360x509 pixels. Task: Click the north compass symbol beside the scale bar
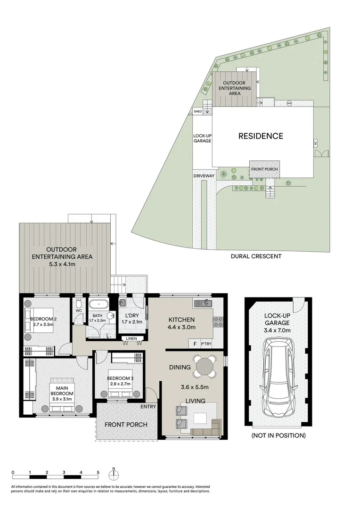[114, 473]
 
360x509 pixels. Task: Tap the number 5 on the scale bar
[98, 472]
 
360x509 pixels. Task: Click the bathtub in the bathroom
[99, 304]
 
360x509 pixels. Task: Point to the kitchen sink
[205, 304]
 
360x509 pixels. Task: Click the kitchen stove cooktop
[218, 322]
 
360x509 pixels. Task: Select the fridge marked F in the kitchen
[195, 344]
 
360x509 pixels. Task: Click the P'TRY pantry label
[206, 344]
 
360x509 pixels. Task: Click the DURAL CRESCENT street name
[256, 256]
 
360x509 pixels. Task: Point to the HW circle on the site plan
[289, 103]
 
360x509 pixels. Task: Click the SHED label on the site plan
[198, 112]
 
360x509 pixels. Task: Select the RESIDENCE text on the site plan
[261, 136]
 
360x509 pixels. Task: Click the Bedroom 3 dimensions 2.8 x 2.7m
[119, 384]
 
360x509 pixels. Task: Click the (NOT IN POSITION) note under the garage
[278, 435]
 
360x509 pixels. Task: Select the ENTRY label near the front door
[148, 406]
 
